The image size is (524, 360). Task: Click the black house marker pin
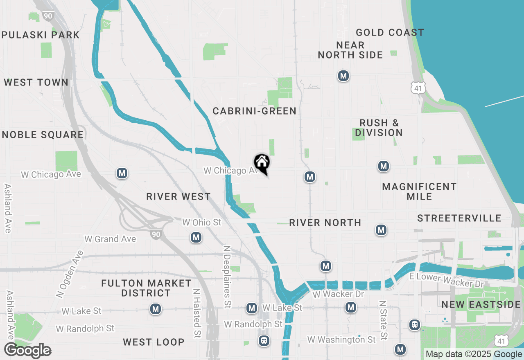(x=262, y=163)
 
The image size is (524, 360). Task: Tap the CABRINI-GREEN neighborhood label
(x=254, y=111)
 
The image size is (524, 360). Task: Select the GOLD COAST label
(x=390, y=32)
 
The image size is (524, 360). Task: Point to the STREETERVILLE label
(x=459, y=218)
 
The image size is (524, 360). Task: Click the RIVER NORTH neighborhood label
(x=325, y=223)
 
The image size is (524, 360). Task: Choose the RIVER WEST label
(x=178, y=197)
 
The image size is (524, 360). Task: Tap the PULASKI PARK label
(x=40, y=35)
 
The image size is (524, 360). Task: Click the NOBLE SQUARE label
(x=43, y=135)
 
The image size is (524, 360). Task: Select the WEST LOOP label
(x=154, y=342)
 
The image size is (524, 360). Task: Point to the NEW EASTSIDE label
(x=481, y=304)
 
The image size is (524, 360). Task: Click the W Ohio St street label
(x=201, y=222)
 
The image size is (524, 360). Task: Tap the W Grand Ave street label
(x=110, y=239)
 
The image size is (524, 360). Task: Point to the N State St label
(x=383, y=320)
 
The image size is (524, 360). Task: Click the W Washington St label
(x=341, y=340)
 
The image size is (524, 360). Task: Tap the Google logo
(x=28, y=351)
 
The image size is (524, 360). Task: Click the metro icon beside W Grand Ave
(x=196, y=237)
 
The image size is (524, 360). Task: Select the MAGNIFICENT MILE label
(x=419, y=191)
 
